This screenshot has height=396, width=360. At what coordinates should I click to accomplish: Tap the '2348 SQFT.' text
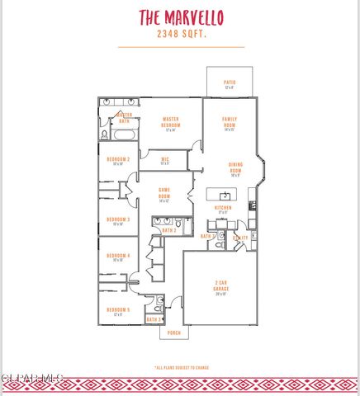point(181,35)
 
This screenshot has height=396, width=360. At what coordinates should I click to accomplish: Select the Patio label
point(230,83)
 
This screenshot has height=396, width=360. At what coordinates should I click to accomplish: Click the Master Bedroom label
point(171,123)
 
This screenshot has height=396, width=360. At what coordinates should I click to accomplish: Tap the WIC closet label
point(164,160)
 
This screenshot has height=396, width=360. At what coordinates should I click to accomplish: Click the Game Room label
point(164,195)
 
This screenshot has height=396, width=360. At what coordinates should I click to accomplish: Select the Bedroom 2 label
point(118,160)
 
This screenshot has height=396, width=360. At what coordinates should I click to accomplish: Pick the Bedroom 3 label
point(118,220)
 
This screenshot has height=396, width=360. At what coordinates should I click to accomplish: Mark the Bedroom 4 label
point(118,257)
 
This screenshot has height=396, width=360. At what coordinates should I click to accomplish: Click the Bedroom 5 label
point(118,310)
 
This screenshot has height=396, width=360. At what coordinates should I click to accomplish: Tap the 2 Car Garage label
point(221,286)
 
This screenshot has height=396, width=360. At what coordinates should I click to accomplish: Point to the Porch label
point(174,332)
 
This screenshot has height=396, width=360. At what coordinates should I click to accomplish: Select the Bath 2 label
point(168,230)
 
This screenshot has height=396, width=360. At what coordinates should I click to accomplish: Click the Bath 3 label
point(154,318)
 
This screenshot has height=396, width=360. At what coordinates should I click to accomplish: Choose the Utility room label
point(240,237)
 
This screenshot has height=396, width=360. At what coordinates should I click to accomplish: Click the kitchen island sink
point(224,196)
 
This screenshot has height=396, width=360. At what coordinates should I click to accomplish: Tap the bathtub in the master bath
point(117,102)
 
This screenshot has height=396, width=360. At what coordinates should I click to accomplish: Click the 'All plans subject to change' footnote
point(181,368)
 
